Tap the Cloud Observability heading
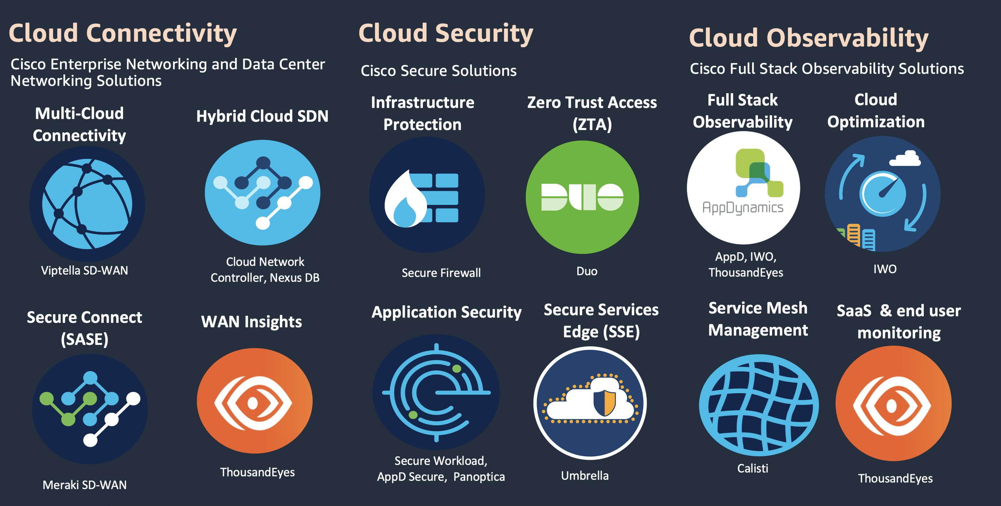(x=808, y=38)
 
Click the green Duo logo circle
(x=582, y=197)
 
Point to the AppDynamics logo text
(x=743, y=208)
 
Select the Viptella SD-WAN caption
(x=84, y=270)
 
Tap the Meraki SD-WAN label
(x=84, y=485)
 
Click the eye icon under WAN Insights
(x=254, y=402)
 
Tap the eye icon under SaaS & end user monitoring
(x=893, y=405)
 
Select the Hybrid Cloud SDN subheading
(x=262, y=116)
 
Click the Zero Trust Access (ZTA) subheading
(x=592, y=113)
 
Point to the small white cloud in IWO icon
(x=905, y=158)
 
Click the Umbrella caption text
(x=584, y=476)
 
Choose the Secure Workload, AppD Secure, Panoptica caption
(x=441, y=469)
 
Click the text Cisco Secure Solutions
(x=438, y=71)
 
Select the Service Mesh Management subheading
(x=758, y=319)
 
